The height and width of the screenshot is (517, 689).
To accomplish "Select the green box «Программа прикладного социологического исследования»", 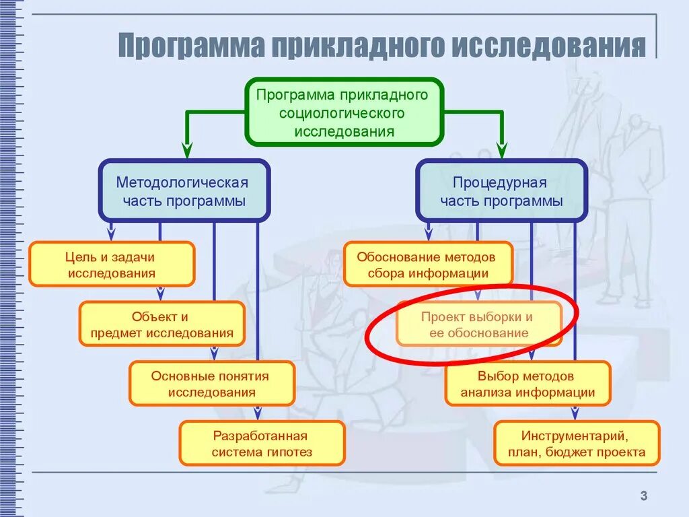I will click(x=343, y=112).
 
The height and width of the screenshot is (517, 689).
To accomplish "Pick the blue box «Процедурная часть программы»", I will click(x=501, y=191).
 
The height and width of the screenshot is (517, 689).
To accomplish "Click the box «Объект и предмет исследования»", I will click(x=161, y=324).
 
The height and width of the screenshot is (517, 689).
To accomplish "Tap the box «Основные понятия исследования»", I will click(x=212, y=384).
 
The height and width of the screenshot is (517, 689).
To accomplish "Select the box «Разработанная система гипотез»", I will click(x=262, y=443).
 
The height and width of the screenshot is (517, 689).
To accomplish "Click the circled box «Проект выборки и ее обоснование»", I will click(x=478, y=324).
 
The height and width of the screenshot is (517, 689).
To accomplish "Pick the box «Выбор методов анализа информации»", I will click(x=528, y=384).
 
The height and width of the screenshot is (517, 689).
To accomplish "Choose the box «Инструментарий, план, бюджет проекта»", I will click(x=577, y=443).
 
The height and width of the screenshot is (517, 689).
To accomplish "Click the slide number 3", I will click(x=643, y=497).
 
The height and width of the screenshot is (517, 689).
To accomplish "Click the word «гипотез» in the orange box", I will click(x=289, y=452).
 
